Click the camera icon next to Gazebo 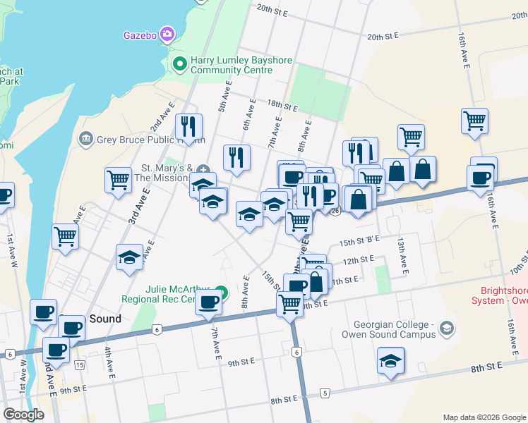167,34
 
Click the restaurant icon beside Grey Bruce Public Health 188,126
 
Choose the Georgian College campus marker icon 445,328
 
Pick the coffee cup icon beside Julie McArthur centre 208,302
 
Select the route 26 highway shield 335,210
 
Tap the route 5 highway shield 325,392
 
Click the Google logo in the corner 23,415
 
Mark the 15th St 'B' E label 360,240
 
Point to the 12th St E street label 357,259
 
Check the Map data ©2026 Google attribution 484,417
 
